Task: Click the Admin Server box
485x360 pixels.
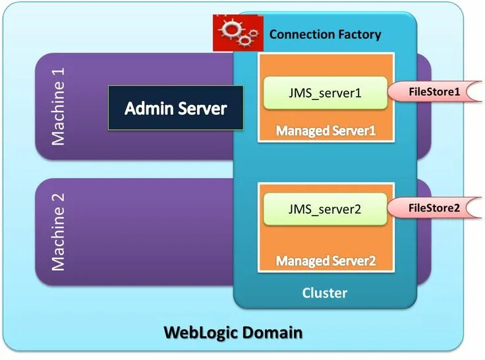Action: (176, 107)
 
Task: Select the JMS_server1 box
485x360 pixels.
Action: (326, 93)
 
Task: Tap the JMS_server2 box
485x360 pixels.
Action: (325, 209)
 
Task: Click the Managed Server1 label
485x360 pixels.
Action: (326, 131)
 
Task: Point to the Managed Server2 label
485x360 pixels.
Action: (326, 260)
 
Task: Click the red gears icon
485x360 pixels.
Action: (238, 33)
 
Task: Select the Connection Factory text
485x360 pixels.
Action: (325, 34)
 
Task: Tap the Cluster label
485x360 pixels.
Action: (325, 293)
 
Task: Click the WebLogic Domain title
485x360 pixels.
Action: (233, 333)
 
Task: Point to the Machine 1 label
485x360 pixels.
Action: (58, 106)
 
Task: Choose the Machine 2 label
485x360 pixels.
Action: (58, 232)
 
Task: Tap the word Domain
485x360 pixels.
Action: (271, 333)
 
